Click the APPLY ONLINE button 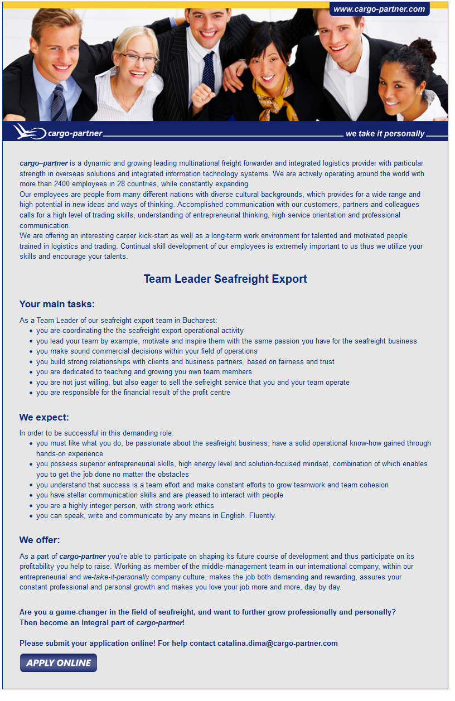coord(59,663)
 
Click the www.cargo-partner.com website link coord(379,9)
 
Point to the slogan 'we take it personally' coord(385,134)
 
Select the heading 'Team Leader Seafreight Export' coord(225,279)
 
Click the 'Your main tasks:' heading coord(57,304)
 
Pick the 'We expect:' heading coord(44,417)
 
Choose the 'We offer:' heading coord(40,540)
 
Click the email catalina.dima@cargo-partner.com coord(278,643)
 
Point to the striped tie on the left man coord(59,103)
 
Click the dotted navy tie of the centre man coord(209,70)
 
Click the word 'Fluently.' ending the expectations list coord(263,515)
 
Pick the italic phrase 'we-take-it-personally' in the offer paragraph coord(116,577)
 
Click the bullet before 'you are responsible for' coord(31,393)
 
